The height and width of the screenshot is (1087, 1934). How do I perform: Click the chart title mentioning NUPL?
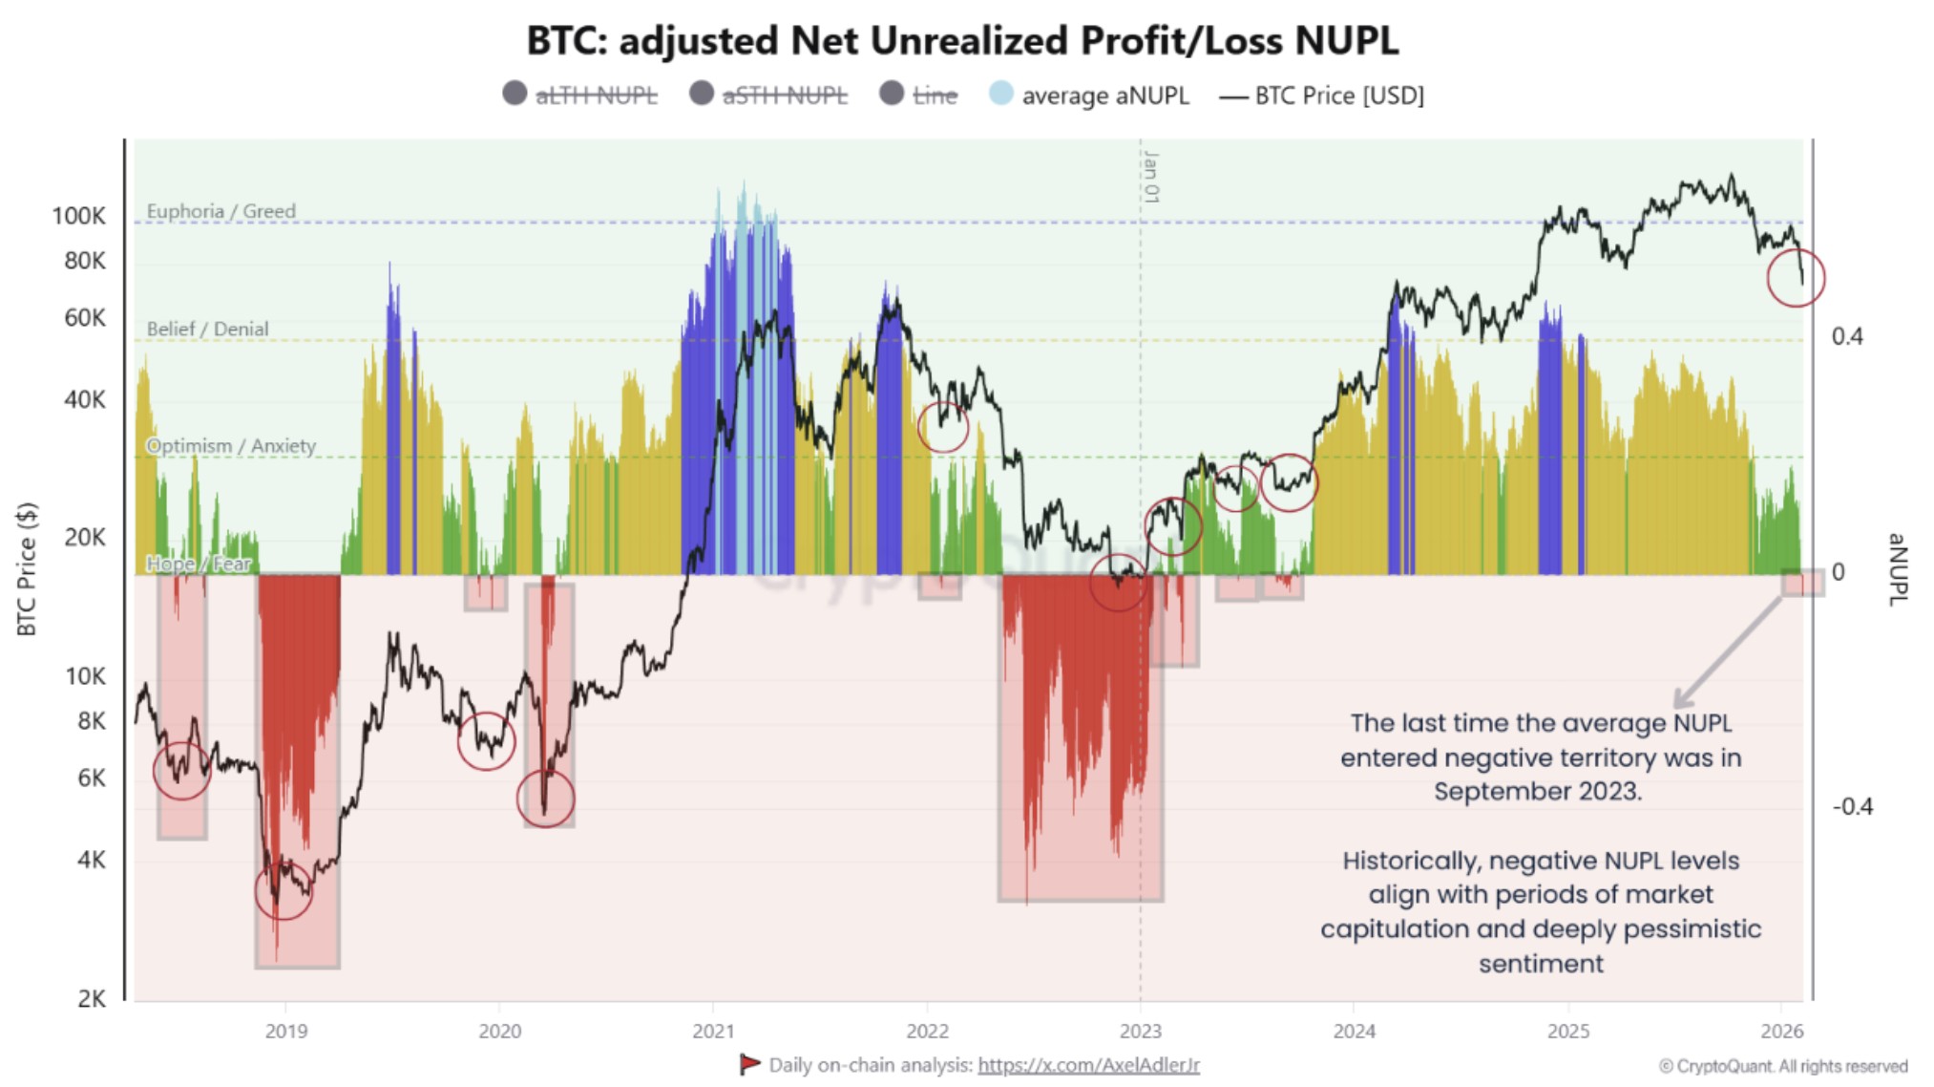962,41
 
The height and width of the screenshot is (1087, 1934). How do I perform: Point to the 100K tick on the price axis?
78,216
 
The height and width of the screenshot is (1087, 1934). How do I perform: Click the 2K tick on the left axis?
92,998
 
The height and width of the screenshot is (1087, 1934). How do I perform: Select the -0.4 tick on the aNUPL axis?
1852,807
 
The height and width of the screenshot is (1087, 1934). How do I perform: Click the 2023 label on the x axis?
1140,1032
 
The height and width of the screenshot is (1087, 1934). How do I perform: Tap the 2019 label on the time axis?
285,1032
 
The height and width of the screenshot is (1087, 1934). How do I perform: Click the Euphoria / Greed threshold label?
221,211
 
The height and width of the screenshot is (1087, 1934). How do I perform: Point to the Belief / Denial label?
207,329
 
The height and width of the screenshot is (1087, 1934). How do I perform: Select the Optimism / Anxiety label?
230,446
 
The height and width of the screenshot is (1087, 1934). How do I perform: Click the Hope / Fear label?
199,564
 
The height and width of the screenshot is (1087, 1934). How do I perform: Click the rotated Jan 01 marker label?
1151,177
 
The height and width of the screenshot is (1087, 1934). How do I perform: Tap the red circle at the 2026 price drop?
1796,278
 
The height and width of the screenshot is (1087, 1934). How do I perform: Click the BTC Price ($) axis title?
27,569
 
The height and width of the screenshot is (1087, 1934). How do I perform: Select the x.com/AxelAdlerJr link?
1088,1065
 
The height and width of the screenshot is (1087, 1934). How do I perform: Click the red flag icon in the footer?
749,1064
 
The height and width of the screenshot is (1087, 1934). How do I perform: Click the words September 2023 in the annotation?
1537,792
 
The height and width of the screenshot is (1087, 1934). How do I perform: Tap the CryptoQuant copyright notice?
1782,1066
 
